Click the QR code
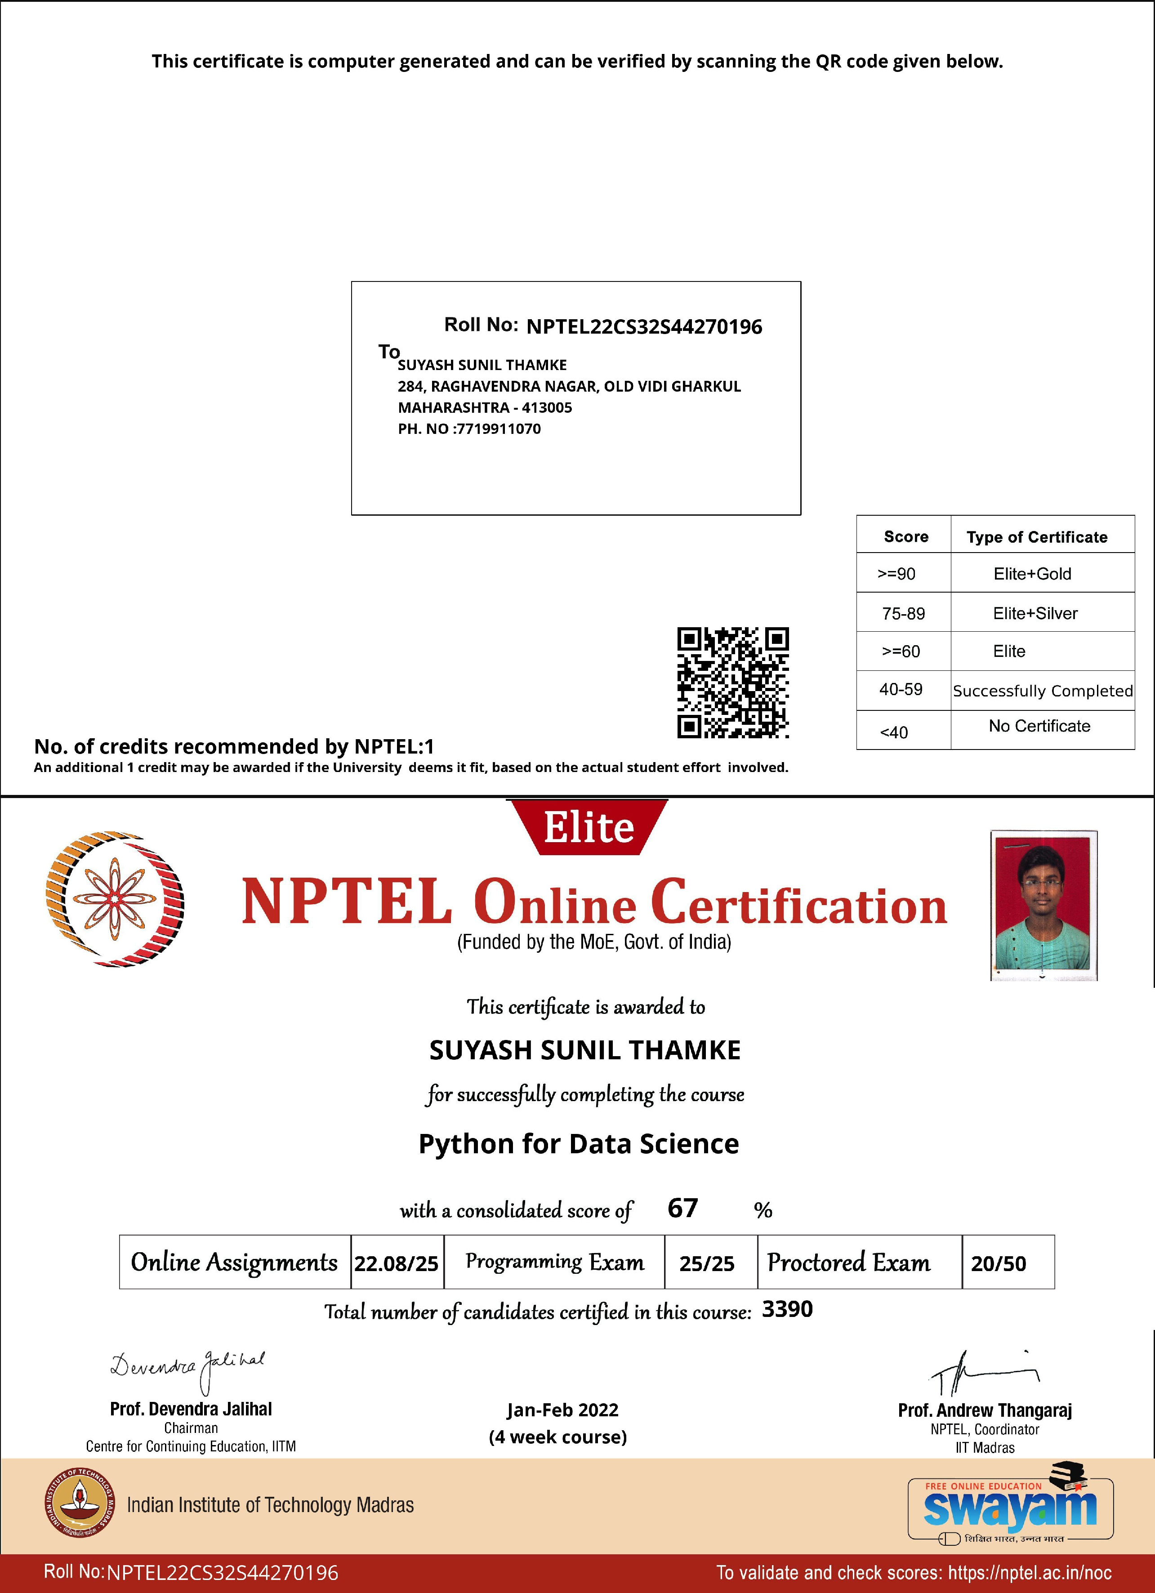pos(732,682)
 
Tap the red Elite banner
pos(589,827)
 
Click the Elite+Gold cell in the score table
pos(1032,574)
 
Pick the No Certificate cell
pos(1039,726)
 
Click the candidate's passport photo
pos(1044,905)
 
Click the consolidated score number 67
pos(682,1208)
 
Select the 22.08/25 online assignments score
pos(396,1263)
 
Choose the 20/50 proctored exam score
pos(999,1263)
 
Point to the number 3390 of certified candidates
pos(787,1309)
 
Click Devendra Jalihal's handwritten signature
pos(187,1368)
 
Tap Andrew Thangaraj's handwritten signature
pos(983,1372)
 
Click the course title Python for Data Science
pos(579,1143)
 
